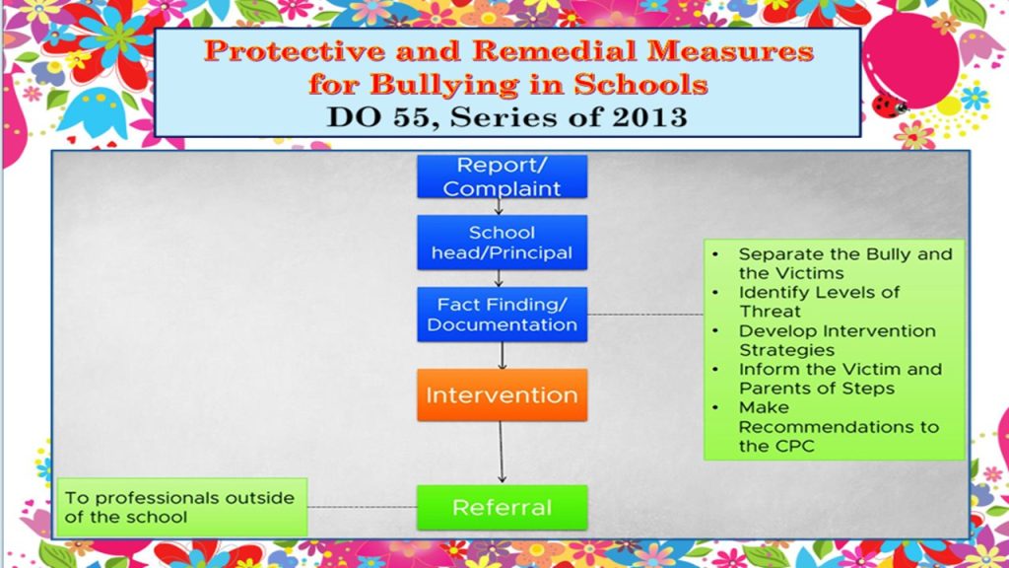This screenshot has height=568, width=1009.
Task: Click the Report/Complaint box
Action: pyautogui.click(x=502, y=177)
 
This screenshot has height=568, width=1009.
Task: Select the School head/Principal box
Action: pyautogui.click(x=502, y=243)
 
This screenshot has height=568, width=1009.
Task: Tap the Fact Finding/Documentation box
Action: pyautogui.click(x=502, y=315)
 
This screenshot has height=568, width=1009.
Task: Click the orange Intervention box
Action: pyautogui.click(x=502, y=394)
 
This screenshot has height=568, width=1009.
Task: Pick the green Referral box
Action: pyautogui.click(x=502, y=508)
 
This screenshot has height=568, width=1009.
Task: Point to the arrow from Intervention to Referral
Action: pyautogui.click(x=502, y=452)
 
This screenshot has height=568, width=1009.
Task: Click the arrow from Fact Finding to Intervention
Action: pyautogui.click(x=502, y=355)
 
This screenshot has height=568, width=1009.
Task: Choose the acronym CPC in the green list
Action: pyautogui.click(x=794, y=446)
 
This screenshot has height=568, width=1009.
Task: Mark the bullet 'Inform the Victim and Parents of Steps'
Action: pyautogui.click(x=840, y=379)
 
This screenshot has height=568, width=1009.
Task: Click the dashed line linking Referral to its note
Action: pyautogui.click(x=363, y=507)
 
